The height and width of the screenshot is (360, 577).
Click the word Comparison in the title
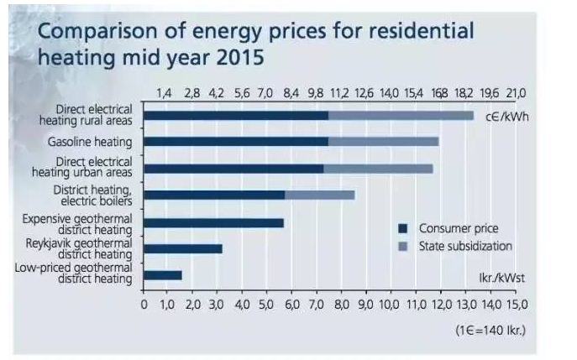point(99,32)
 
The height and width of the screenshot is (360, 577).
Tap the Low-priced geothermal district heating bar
point(163,274)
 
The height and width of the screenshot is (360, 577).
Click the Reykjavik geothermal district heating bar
point(183,248)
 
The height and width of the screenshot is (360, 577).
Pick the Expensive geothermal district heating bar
point(214,222)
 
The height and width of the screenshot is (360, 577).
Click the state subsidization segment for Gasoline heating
point(383,142)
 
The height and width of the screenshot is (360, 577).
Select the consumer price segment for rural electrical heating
point(236,115)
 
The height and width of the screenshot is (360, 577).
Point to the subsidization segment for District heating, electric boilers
point(319,195)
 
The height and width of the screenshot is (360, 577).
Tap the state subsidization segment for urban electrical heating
point(378,169)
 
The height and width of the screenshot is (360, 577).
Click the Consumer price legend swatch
point(402,228)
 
